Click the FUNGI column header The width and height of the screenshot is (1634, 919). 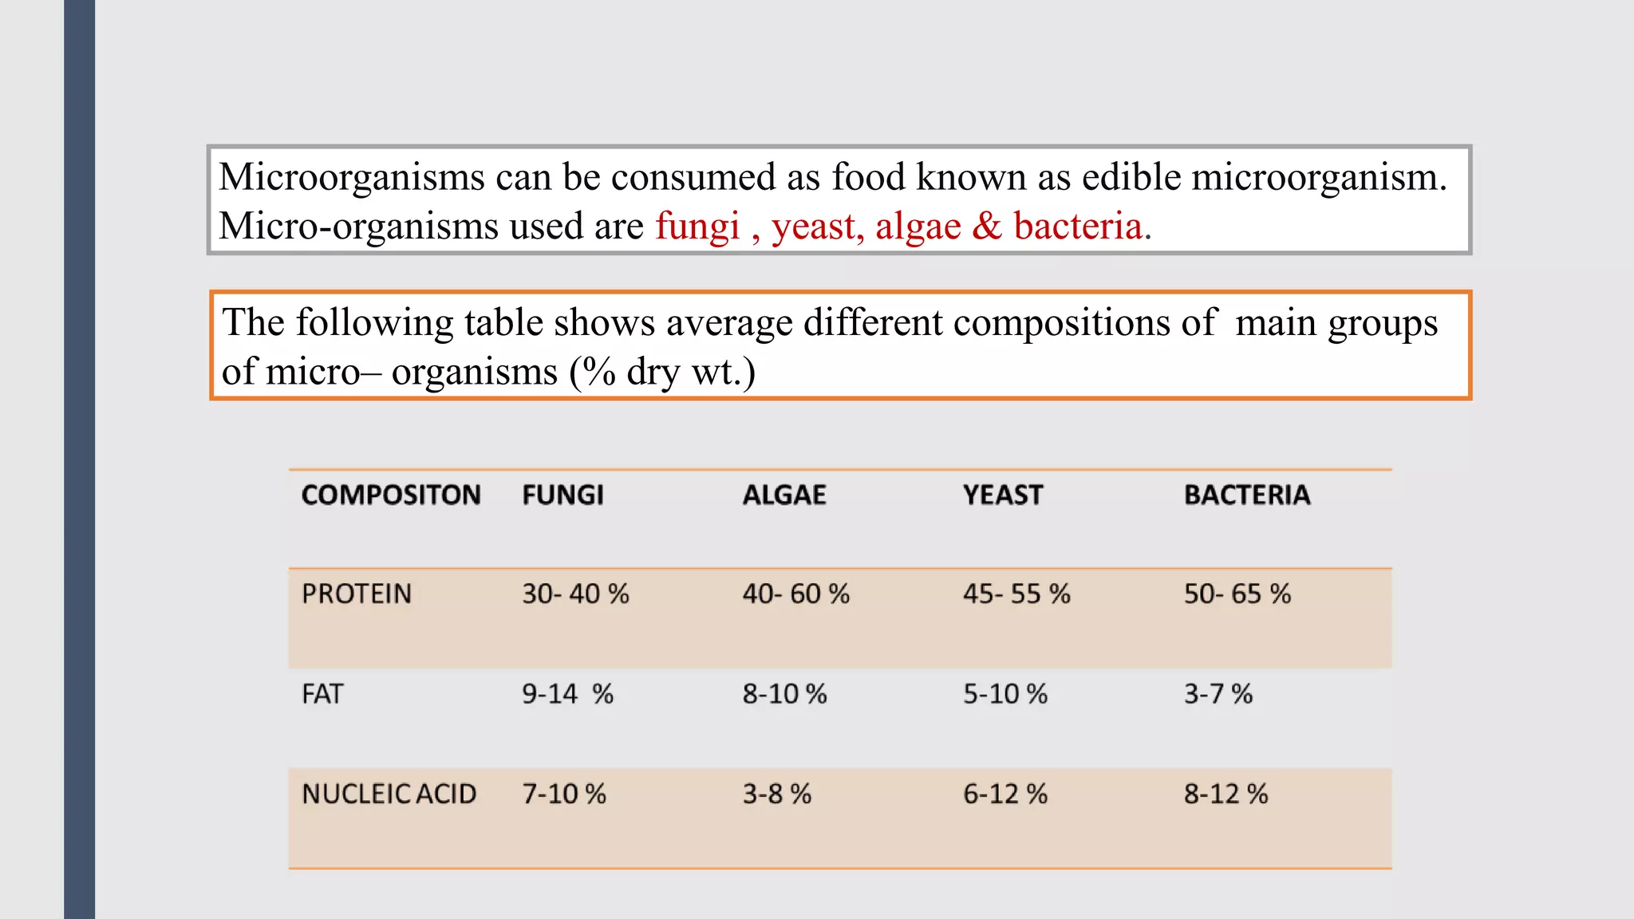[562, 495]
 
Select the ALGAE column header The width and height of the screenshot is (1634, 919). [784, 495]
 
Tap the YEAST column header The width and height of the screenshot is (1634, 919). [1003, 495]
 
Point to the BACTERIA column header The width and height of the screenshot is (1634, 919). [1247, 495]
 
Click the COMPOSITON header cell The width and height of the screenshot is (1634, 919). [391, 495]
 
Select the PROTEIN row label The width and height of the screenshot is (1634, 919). [357, 594]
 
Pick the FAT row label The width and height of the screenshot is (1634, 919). [322, 694]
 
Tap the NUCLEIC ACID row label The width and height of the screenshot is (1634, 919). [389, 795]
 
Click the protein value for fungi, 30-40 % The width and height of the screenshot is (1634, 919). [575, 594]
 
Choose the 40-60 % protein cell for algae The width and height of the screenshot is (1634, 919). [795, 594]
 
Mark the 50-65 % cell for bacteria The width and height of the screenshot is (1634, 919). [1237, 594]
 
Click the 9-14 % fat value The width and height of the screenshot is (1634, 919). [567, 694]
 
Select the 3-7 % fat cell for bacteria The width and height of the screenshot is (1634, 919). [1218, 694]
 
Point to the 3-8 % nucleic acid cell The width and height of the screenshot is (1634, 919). [776, 795]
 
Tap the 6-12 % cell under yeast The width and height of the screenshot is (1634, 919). [1004, 795]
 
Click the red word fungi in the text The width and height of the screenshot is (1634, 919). [697, 227]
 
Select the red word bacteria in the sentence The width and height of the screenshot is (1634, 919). [1077, 227]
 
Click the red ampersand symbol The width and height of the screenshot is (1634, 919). [986, 227]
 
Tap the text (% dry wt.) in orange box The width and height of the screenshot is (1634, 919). [662, 373]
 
